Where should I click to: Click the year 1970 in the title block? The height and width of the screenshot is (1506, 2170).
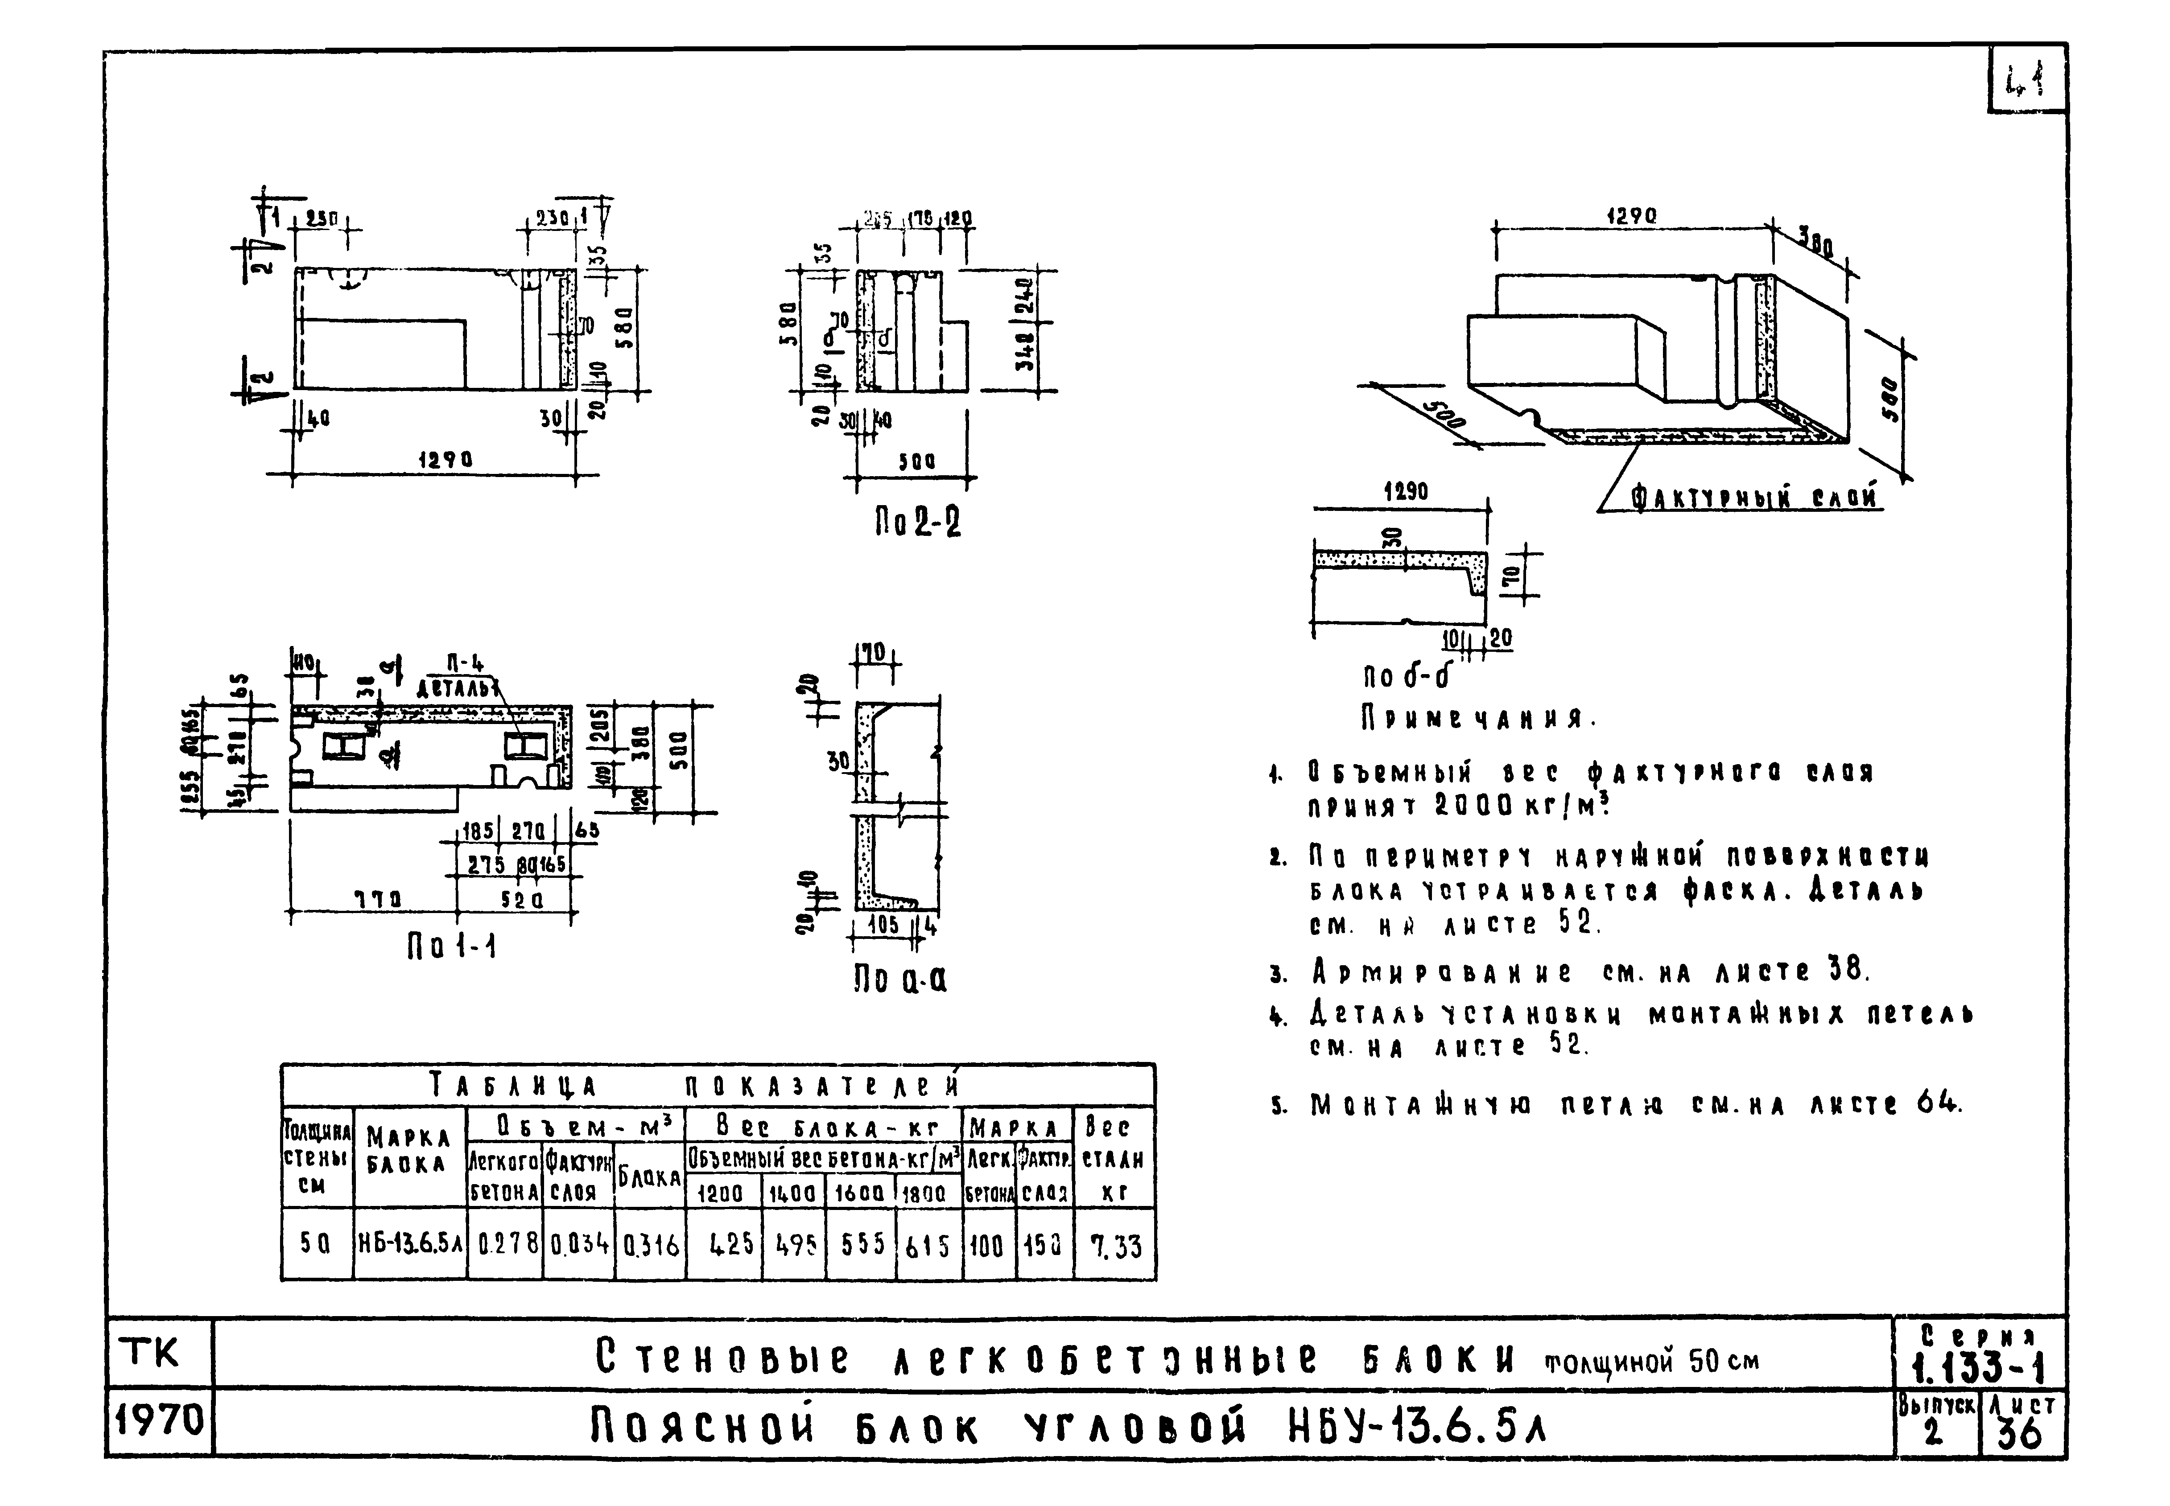(x=159, y=1419)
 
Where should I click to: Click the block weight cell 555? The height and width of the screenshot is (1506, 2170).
(x=860, y=1246)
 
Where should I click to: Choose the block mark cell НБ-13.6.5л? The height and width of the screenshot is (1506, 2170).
(x=410, y=1246)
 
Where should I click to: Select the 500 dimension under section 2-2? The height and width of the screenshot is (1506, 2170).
(x=916, y=462)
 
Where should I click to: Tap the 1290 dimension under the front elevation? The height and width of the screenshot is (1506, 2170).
(x=446, y=460)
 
